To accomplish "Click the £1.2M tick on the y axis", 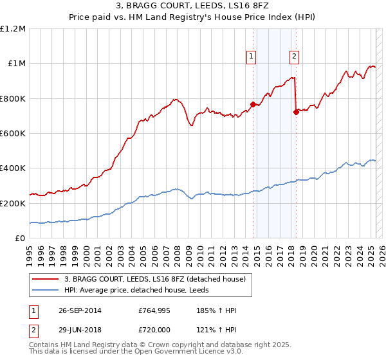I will pyautogui.click(x=13, y=29).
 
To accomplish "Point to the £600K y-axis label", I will pyautogui.click(x=13, y=134).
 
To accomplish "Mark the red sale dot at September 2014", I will pyautogui.click(x=253, y=104).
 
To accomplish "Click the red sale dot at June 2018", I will pyautogui.click(x=296, y=112).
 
